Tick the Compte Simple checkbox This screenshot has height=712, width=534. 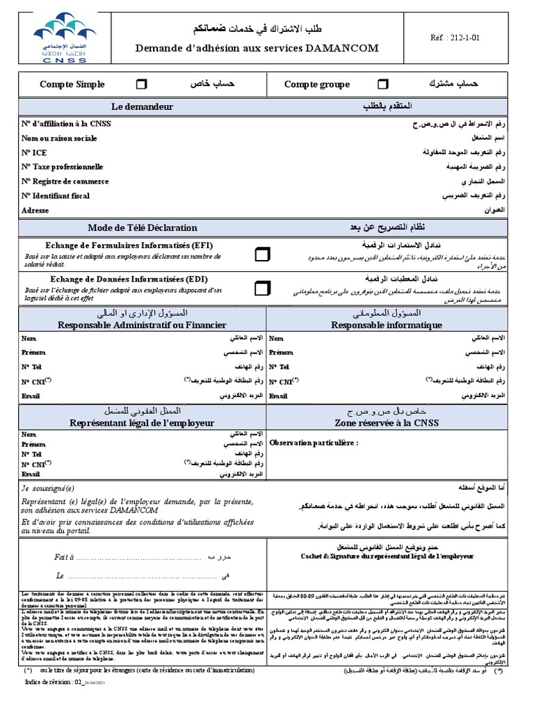tap(141, 84)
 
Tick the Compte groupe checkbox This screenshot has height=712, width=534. tap(382, 84)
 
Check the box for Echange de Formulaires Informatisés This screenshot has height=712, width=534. tap(262, 254)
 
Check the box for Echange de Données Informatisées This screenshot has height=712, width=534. tap(262, 287)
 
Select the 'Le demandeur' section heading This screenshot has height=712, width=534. tap(142, 106)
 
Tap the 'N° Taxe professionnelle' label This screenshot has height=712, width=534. tap(62, 167)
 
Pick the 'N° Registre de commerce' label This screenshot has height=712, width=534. tap(65, 181)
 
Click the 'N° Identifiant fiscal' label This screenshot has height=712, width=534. tap(56, 196)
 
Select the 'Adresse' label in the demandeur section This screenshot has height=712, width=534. tap(35, 210)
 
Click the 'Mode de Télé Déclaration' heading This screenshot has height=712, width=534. tap(142, 228)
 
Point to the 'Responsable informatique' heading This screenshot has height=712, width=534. tap(386, 325)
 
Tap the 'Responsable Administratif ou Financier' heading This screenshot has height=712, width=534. tap(142, 325)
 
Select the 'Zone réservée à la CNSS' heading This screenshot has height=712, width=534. tap(386, 423)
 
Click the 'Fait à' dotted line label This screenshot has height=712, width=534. tap(63, 558)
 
